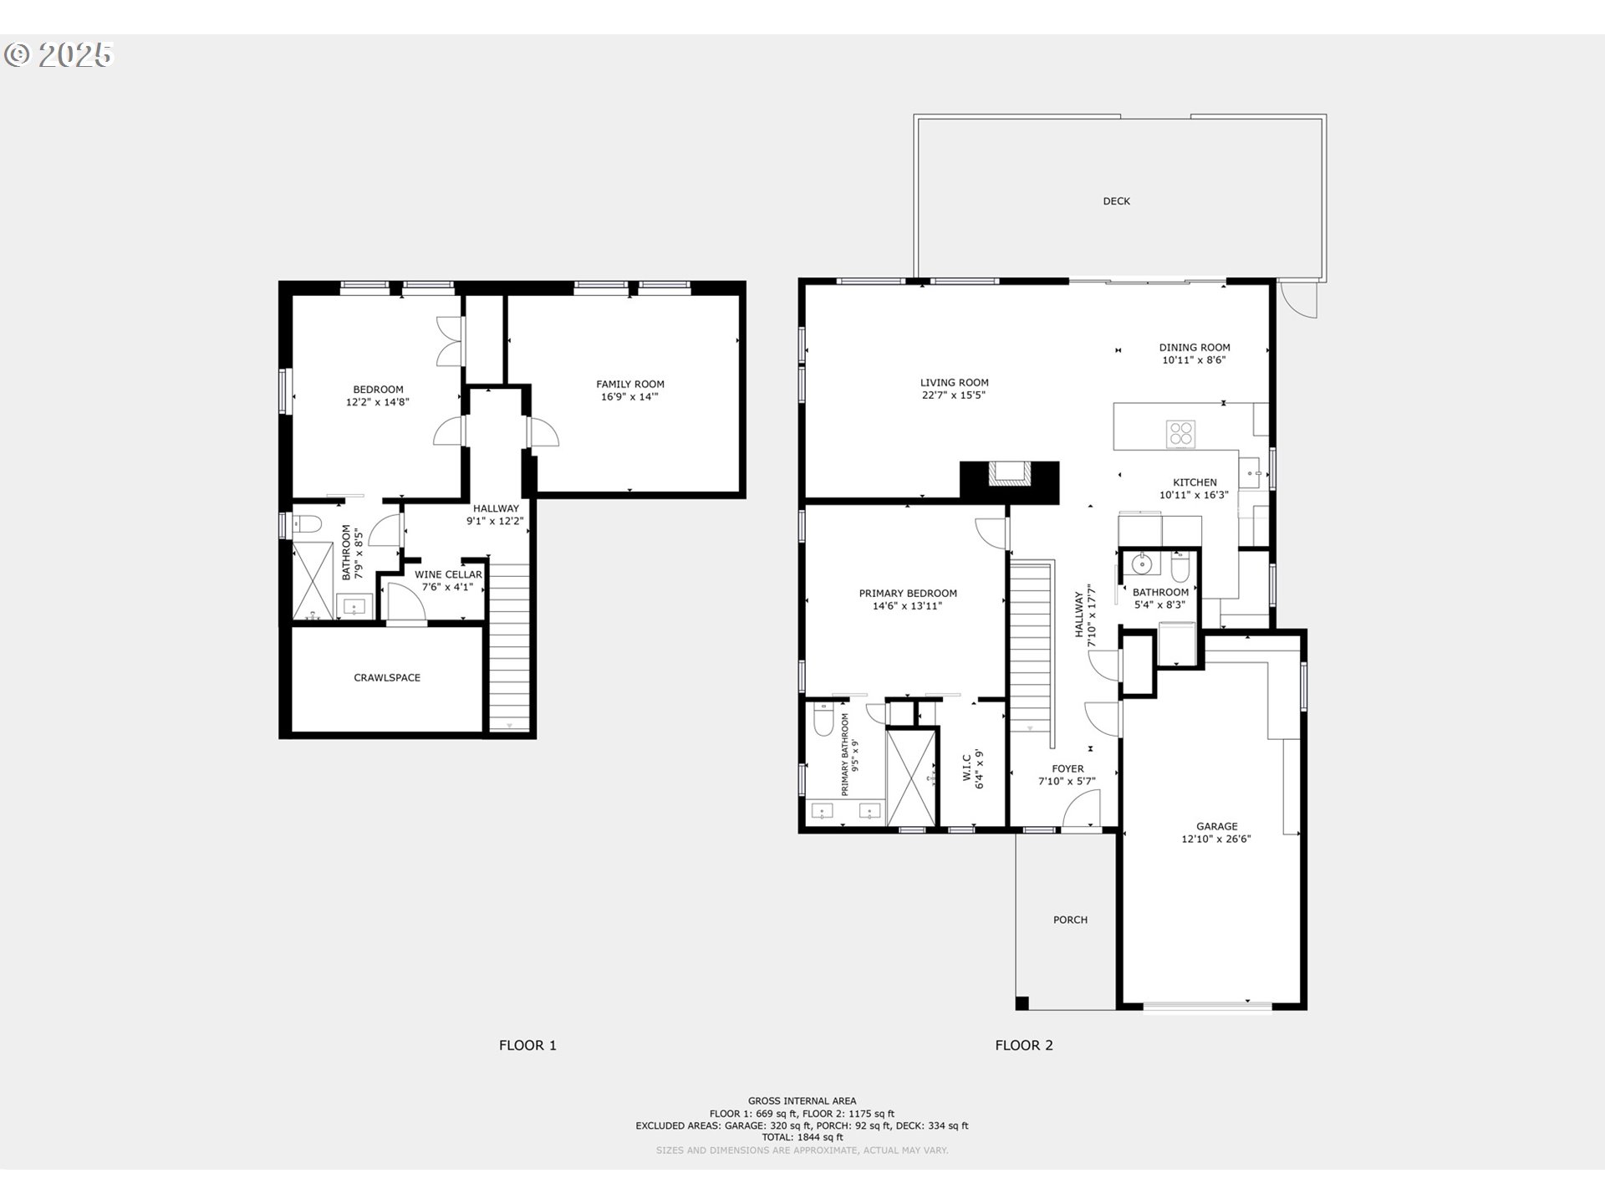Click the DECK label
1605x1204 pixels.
click(1116, 201)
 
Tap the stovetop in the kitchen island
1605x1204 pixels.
click(1181, 434)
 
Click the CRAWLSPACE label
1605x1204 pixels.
click(387, 677)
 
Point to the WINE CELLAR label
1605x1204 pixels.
click(448, 574)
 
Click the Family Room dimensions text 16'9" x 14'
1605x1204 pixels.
click(629, 397)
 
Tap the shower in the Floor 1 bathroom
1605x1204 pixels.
click(312, 581)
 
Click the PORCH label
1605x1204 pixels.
click(1070, 920)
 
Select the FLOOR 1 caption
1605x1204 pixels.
click(527, 1045)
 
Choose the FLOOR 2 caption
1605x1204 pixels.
click(1024, 1045)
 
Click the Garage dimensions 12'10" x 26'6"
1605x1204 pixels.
click(1216, 839)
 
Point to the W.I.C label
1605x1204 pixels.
click(966, 767)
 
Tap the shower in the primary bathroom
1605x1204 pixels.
click(910, 778)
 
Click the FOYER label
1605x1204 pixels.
click(1067, 768)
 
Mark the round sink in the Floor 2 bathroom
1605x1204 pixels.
click(1142, 564)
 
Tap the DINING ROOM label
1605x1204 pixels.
click(1195, 347)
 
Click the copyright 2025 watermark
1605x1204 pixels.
click(58, 54)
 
